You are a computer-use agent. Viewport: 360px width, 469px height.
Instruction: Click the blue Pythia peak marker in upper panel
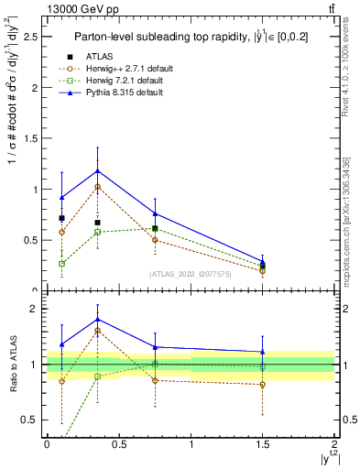pyautogui.click(x=97, y=170)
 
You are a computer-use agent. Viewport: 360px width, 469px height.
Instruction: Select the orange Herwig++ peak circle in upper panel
pyautogui.click(x=97, y=186)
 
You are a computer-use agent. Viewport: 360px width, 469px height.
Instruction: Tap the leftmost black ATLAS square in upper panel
pyautogui.click(x=61, y=218)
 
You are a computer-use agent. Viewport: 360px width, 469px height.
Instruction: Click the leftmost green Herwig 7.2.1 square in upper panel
pyautogui.click(x=61, y=263)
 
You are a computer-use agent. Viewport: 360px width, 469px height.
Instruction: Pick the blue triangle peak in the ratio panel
pyautogui.click(x=97, y=320)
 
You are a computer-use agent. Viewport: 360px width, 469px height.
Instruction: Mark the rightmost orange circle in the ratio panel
pyautogui.click(x=263, y=385)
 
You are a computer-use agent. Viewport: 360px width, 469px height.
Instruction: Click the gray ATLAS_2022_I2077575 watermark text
pyautogui.click(x=191, y=273)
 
